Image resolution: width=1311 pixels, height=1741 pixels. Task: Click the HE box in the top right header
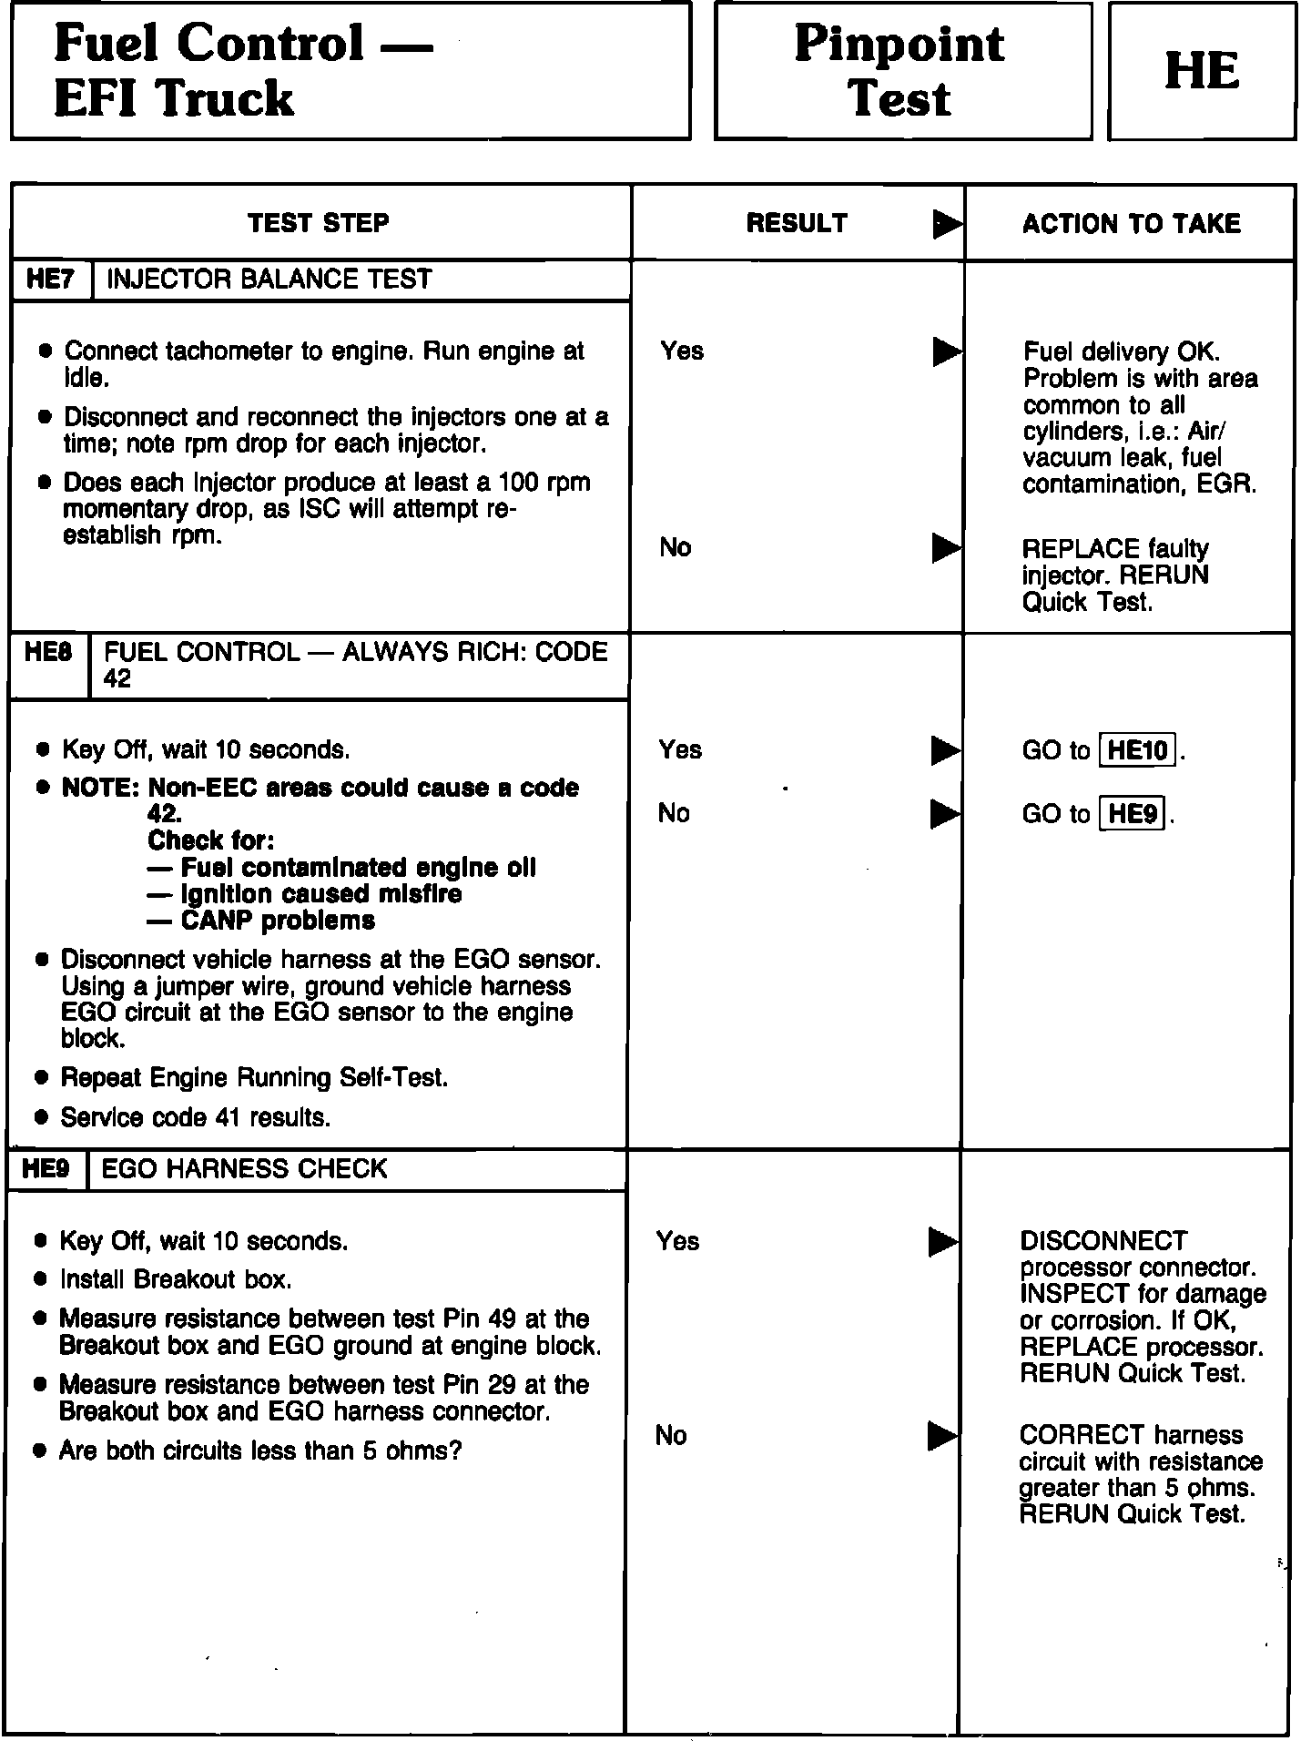coord(1202,71)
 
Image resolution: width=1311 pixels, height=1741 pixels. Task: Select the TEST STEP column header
coord(319,223)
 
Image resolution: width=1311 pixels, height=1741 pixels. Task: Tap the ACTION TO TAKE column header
coord(1131,224)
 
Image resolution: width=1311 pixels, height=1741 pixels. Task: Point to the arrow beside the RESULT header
coord(947,224)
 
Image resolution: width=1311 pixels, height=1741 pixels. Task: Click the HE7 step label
coord(51,280)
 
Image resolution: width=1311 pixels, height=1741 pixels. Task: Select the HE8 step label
coord(49,653)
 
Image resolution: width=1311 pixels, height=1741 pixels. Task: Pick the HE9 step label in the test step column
coord(46,1169)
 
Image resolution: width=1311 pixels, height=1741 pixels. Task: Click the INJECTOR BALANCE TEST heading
coord(269,280)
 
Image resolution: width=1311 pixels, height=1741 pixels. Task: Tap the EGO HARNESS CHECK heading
coord(244,1169)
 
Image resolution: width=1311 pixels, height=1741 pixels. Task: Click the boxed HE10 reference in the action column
coord(1138,750)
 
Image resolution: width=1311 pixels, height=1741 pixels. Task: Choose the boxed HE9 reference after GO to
coord(1133,813)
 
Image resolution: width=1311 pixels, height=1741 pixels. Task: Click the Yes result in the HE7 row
coord(682,351)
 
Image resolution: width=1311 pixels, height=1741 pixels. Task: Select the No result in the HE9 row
coord(671,1436)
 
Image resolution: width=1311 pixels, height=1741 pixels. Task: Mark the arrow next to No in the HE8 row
coord(945,814)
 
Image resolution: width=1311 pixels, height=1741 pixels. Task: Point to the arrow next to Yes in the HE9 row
coord(942,1241)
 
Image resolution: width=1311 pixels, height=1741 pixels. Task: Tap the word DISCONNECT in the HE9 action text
coord(1103,1241)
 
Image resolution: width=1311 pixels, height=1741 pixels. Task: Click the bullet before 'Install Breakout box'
coord(40,1280)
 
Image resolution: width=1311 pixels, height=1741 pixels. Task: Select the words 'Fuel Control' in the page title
coord(208,44)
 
